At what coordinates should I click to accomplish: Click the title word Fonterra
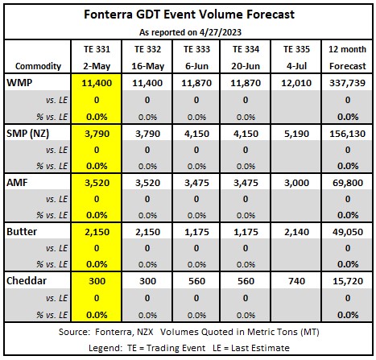click(x=108, y=14)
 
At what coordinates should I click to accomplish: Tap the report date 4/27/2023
click(x=221, y=32)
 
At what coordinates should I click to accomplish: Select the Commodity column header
click(x=38, y=66)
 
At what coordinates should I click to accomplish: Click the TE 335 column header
click(x=296, y=49)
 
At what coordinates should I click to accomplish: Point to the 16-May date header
click(x=147, y=66)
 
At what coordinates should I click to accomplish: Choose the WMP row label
click(x=19, y=83)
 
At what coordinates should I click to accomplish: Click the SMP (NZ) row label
click(x=27, y=134)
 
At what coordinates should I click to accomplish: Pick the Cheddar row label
click(x=27, y=281)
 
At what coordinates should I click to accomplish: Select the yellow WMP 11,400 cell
click(x=97, y=83)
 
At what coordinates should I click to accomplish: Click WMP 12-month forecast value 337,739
click(x=347, y=83)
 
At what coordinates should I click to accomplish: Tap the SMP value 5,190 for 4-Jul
click(x=296, y=134)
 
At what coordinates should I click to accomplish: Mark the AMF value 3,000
click(x=296, y=183)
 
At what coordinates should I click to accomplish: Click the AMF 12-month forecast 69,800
click(x=347, y=183)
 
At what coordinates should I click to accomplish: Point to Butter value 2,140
click(x=296, y=232)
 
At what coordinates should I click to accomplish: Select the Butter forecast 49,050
click(x=347, y=232)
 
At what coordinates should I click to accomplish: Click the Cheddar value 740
click(x=296, y=281)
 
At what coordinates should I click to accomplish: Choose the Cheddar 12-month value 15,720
click(x=347, y=281)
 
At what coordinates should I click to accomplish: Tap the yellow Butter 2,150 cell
click(x=97, y=232)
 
